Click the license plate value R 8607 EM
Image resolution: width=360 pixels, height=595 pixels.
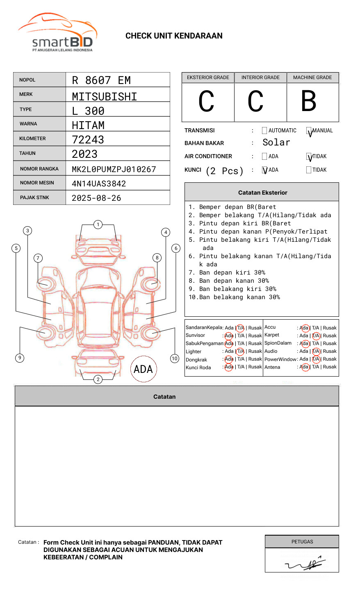(101, 80)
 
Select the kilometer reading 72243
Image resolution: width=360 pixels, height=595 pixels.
(88, 140)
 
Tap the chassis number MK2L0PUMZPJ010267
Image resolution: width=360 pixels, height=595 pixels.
(114, 169)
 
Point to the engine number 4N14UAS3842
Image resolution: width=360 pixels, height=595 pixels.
(99, 184)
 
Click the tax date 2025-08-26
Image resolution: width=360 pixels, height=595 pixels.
(96, 198)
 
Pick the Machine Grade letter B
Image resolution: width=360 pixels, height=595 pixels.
(308, 101)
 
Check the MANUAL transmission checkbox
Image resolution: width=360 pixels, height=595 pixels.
(309, 131)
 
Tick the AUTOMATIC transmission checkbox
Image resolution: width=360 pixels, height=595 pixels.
(264, 131)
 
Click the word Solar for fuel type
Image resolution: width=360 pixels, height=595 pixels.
(276, 143)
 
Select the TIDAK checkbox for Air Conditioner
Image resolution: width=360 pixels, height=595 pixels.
(309, 157)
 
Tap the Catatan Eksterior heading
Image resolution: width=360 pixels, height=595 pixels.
(262, 193)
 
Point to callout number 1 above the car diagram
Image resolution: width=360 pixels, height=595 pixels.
(98, 224)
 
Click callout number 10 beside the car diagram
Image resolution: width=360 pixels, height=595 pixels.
(175, 359)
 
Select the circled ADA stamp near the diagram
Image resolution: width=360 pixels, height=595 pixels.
(143, 369)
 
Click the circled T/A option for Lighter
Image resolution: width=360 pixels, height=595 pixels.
(240, 351)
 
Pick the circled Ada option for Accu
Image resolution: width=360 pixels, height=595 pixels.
(304, 328)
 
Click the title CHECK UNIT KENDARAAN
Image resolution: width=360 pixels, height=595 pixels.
(174, 36)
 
